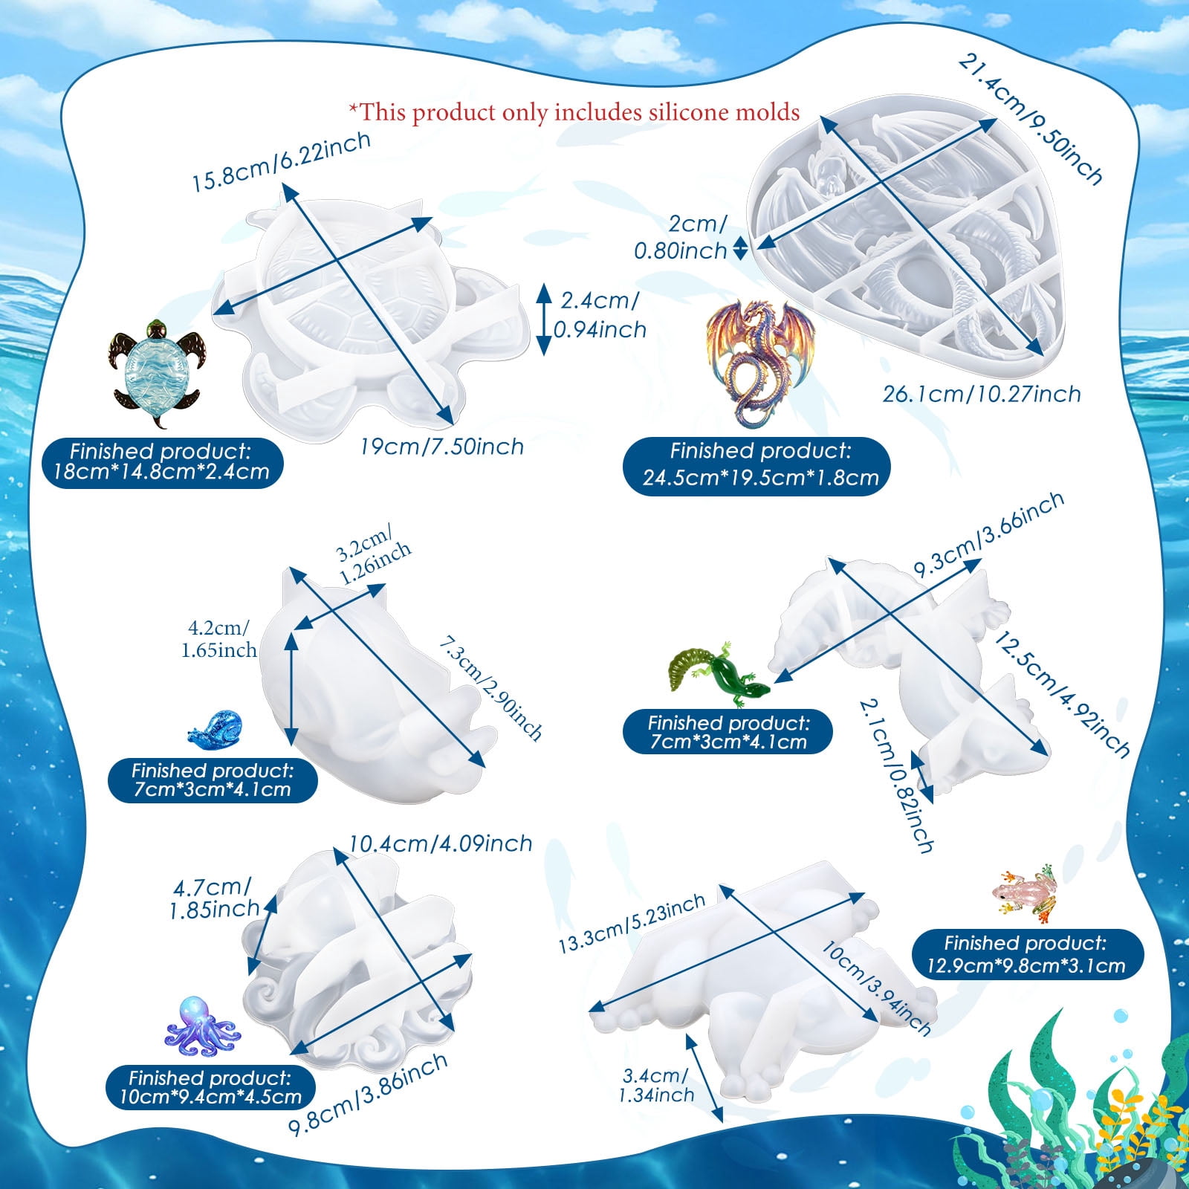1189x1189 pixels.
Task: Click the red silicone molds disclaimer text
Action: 574,112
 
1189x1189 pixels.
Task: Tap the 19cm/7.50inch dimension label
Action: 442,447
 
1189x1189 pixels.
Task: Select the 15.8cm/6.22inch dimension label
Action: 282,163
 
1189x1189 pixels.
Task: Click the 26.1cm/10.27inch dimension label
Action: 982,393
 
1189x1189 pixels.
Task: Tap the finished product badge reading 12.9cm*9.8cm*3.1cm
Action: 1026,954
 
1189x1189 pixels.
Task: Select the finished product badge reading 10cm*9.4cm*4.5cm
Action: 210,1087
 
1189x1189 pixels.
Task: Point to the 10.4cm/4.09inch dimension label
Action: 441,843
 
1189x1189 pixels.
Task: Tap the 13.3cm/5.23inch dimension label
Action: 632,922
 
